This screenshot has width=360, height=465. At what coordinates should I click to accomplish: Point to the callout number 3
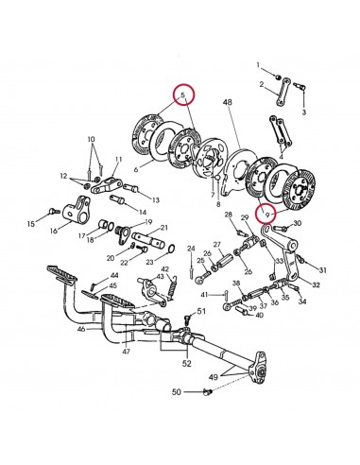click(x=304, y=112)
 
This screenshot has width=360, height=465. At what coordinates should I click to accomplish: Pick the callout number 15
click(x=31, y=223)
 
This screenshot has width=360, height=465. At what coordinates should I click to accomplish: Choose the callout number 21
click(x=164, y=228)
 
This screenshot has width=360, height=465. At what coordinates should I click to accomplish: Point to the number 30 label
click(x=299, y=223)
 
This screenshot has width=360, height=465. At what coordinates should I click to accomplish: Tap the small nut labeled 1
click(x=277, y=75)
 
